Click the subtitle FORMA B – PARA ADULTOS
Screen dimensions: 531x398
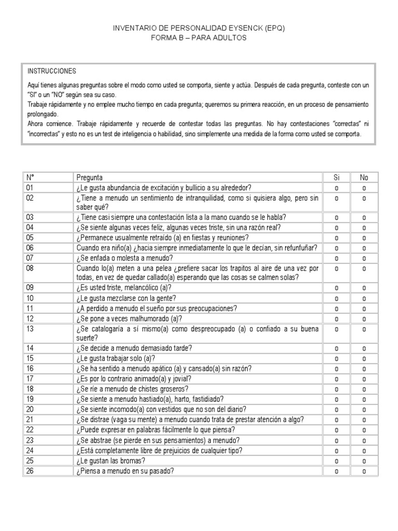click(198, 38)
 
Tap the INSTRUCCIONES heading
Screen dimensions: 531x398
click(52, 71)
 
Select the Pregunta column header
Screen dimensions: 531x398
click(90, 178)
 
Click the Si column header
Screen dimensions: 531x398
click(336, 178)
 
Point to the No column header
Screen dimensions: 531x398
click(364, 178)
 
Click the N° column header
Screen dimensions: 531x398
click(30, 178)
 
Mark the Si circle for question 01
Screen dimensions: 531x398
click(336, 188)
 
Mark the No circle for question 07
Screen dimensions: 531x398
click(364, 258)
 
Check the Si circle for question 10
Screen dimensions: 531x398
click(336, 298)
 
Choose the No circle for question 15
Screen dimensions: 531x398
click(364, 358)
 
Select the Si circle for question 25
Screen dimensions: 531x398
click(336, 461)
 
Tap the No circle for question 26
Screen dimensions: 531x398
click(364, 471)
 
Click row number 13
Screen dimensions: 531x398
click(30, 329)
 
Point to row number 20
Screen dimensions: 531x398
click(30, 409)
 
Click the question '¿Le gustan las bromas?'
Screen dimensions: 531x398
click(110, 461)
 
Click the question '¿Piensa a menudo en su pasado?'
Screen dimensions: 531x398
click(125, 471)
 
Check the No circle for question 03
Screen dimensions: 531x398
click(364, 218)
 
